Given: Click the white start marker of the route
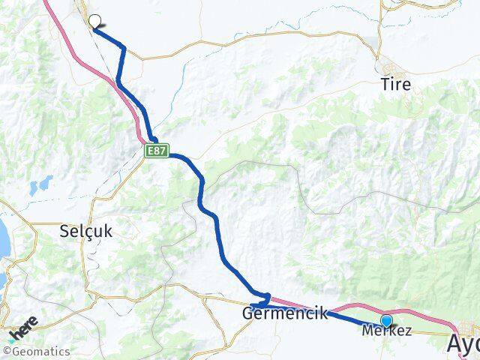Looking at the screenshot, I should [95, 21].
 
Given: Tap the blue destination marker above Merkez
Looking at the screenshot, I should [386, 320].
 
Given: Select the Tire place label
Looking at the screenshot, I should [395, 84].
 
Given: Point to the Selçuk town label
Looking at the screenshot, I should [85, 231].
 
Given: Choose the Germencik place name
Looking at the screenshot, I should [285, 313].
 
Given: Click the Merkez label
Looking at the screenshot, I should [386, 331].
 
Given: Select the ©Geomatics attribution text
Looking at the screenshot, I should [37, 351].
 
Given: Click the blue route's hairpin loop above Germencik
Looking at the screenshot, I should [264, 297].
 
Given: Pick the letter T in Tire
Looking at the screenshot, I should [384, 84].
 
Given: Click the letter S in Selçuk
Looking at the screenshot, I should [64, 231].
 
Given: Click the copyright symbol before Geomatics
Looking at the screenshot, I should [7, 351].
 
